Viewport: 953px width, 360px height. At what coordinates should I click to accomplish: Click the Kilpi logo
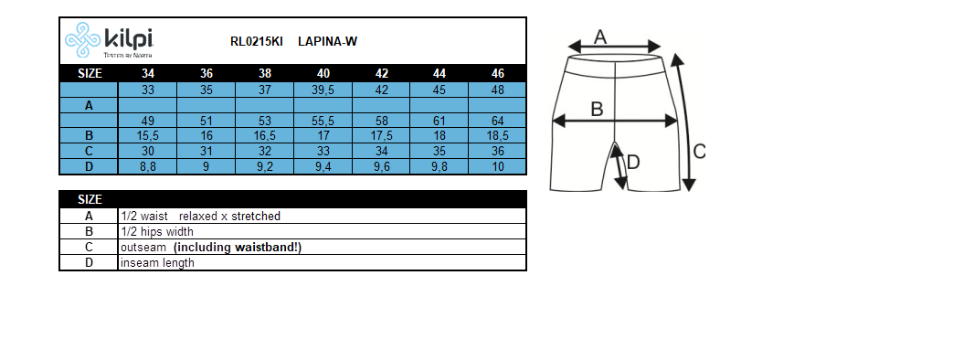click(x=109, y=41)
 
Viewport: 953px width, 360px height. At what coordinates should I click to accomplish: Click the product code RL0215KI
click(x=257, y=41)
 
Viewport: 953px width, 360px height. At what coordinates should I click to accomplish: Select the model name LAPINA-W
click(x=327, y=41)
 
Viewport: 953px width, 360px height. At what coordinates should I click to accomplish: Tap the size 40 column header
click(x=323, y=73)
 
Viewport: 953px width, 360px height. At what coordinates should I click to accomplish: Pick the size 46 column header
click(x=497, y=73)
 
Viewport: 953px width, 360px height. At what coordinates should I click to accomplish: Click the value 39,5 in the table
click(x=323, y=90)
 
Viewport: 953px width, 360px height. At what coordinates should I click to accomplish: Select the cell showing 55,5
click(x=323, y=121)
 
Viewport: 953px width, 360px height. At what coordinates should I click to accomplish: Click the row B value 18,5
click(x=497, y=135)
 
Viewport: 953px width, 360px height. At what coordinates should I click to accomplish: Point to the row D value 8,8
click(x=147, y=166)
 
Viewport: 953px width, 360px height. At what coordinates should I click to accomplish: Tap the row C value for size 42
click(x=381, y=151)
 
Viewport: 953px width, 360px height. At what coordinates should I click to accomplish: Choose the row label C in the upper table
click(x=89, y=151)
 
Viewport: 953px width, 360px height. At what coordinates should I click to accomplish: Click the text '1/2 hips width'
click(x=157, y=232)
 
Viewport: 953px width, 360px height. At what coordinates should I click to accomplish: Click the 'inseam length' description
click(x=157, y=263)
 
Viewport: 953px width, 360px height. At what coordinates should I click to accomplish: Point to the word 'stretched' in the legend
click(x=255, y=217)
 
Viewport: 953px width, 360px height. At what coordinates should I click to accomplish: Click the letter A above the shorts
click(x=600, y=37)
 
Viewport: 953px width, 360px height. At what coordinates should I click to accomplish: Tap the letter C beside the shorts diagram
click(x=699, y=152)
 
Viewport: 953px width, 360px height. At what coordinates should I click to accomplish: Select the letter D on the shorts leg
click(x=632, y=162)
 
